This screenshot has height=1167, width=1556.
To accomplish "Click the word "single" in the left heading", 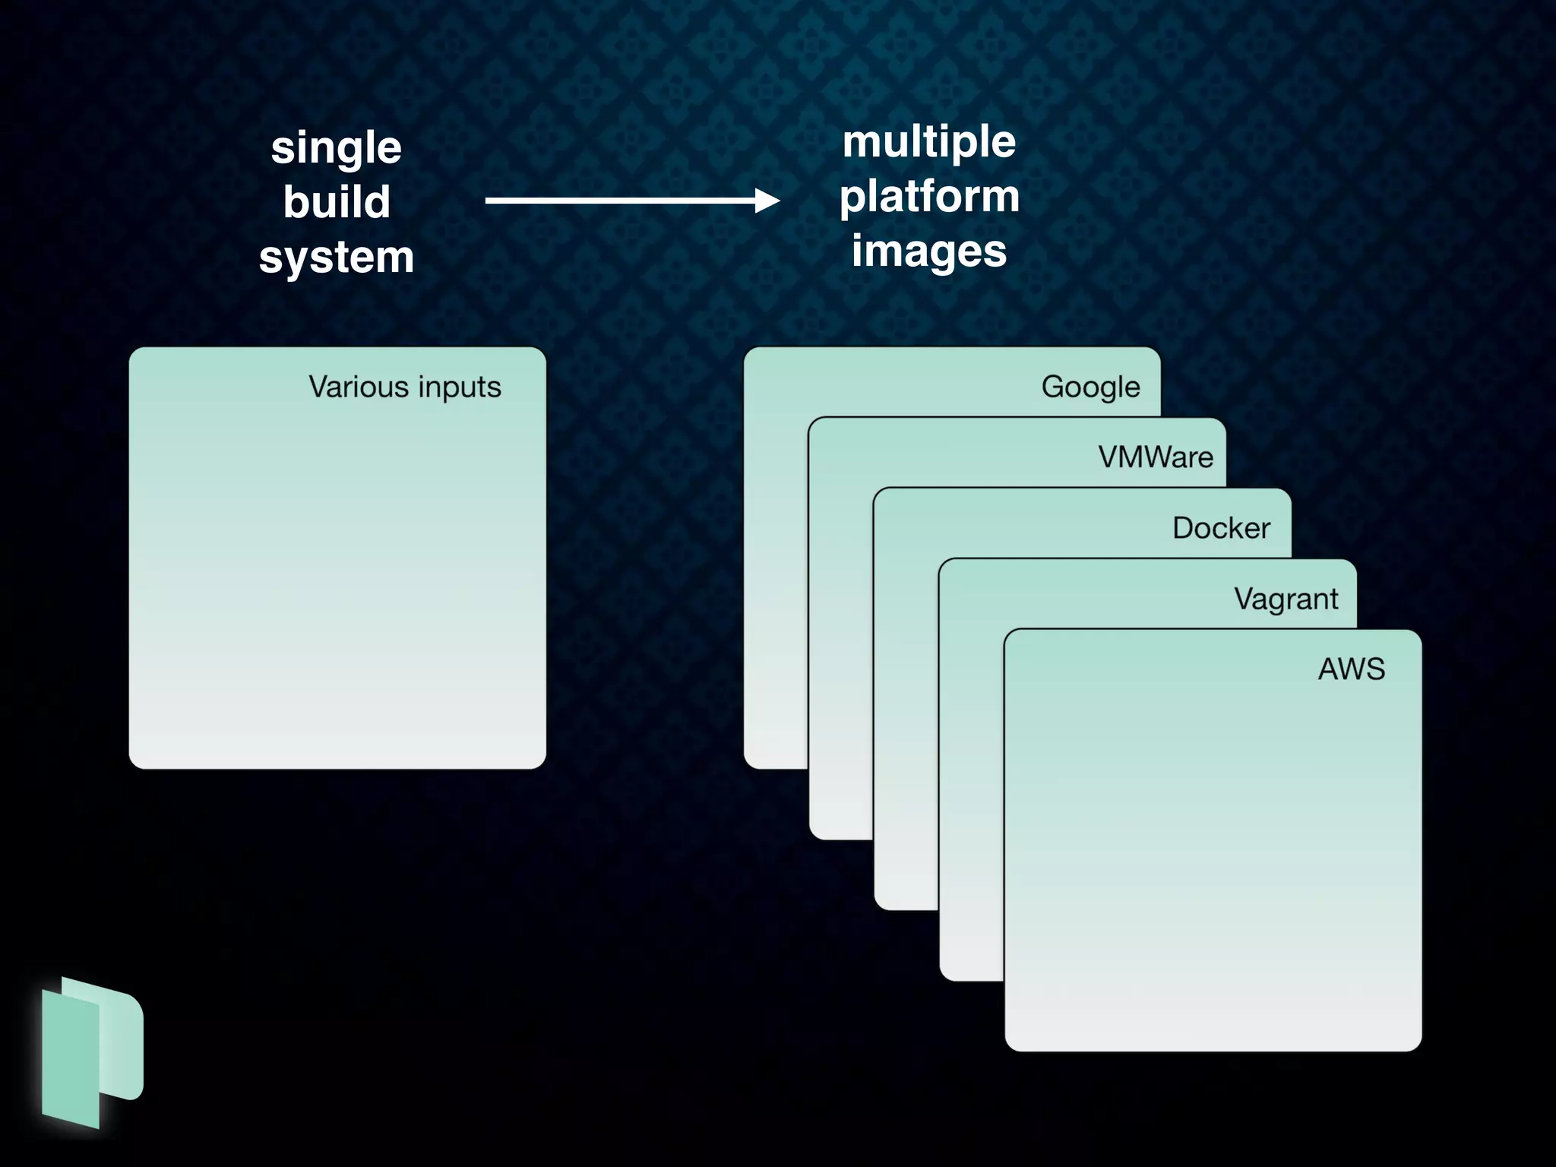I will [336, 147].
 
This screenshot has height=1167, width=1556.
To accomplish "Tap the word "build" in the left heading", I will [337, 202].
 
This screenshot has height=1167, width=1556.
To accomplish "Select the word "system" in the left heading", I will [337, 257].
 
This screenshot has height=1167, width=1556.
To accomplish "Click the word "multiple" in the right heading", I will [928, 141].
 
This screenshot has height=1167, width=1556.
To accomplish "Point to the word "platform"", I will [929, 196].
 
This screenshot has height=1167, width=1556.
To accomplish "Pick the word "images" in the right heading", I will [928, 251].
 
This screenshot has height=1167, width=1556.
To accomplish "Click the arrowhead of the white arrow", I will [767, 201].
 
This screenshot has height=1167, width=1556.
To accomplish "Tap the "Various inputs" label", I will [404, 387].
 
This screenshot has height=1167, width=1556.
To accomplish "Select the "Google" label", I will [1090, 387].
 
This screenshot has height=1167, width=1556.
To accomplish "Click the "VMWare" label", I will [1156, 457].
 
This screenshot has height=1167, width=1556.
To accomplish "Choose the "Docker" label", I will [1221, 528].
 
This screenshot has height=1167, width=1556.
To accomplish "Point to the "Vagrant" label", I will [1286, 599].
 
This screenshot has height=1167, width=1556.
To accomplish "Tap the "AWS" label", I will [1351, 669].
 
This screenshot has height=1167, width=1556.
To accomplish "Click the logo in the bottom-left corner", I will [91, 1052].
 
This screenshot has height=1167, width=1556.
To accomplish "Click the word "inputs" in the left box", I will [460, 387].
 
